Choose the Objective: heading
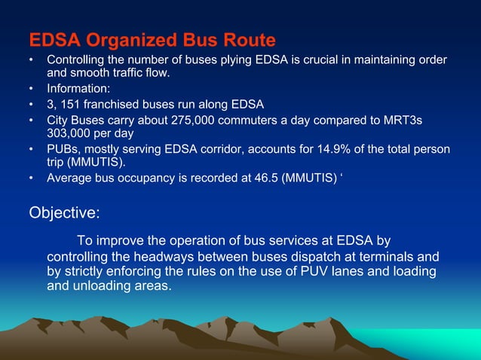[64, 212]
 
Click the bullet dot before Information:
[31, 89]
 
